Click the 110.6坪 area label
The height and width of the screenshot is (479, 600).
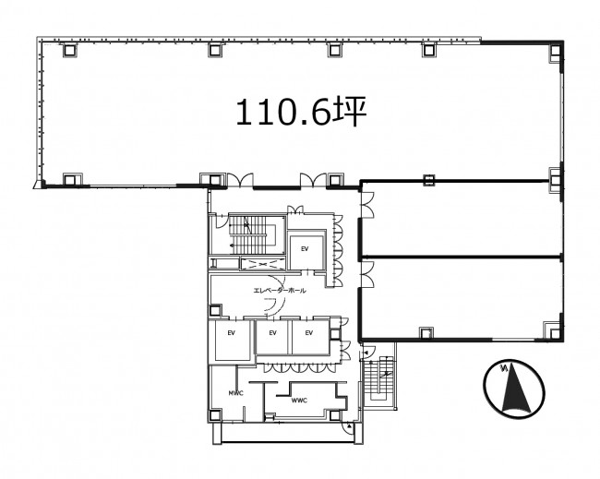(301, 112)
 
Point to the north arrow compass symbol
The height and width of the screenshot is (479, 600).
(514, 389)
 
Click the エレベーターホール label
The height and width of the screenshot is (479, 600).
(280, 291)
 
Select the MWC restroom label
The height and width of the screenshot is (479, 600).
(235, 393)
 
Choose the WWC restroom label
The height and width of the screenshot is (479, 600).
(299, 401)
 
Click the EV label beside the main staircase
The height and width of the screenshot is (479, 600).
(305, 249)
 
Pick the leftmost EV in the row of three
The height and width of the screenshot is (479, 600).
(231, 333)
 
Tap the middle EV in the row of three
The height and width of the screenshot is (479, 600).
(272, 333)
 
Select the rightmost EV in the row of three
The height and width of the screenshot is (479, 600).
(309, 333)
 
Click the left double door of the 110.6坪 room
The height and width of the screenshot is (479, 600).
(240, 181)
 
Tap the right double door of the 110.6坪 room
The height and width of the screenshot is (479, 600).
(313, 181)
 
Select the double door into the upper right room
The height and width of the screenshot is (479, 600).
(367, 205)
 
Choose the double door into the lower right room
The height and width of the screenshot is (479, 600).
(367, 275)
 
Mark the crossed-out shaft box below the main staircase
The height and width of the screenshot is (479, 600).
(262, 264)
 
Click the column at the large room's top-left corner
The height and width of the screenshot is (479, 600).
(70, 50)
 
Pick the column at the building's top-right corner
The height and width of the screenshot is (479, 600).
(555, 52)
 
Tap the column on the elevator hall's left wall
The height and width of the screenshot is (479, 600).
(215, 310)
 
